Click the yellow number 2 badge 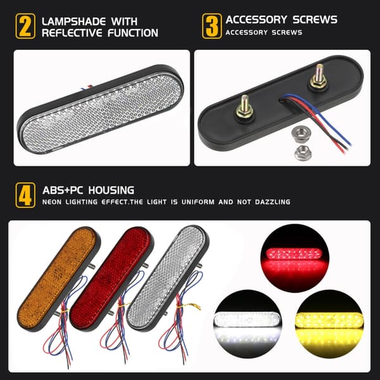[25, 26]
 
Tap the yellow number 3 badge [212, 26]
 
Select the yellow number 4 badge [25, 195]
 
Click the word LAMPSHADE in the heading [73, 22]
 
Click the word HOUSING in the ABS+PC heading [111, 190]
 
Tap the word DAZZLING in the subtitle [272, 202]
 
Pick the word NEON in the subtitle [52, 202]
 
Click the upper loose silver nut [300, 134]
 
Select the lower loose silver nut [303, 153]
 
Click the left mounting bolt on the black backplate [244, 108]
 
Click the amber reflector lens [58, 278]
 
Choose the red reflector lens [111, 278]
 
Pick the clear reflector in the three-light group [167, 277]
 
